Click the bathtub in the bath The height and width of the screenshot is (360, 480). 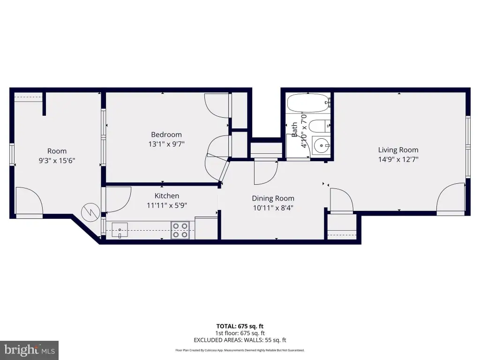[308, 103]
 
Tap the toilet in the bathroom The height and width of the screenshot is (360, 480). [319, 126]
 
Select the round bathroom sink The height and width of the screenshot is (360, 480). [321, 146]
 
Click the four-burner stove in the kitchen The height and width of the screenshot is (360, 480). [180, 230]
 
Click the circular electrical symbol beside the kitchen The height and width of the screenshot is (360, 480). [90, 212]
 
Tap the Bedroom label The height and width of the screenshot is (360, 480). [166, 135]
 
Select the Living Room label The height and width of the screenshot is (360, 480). [398, 150]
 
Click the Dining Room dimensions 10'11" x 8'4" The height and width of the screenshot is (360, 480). [273, 208]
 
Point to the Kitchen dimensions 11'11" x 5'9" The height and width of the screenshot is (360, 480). [167, 205]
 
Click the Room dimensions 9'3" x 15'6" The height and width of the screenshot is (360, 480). [57, 160]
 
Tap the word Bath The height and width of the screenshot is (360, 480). [294, 130]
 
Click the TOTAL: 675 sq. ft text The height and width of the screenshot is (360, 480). [240, 326]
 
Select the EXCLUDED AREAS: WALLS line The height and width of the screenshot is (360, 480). [240, 340]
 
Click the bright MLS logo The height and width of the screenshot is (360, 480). [30, 350]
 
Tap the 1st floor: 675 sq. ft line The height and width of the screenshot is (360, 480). [240, 333]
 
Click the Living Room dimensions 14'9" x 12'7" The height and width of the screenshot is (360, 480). [398, 159]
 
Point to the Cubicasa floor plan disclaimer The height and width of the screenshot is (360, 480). [240, 350]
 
